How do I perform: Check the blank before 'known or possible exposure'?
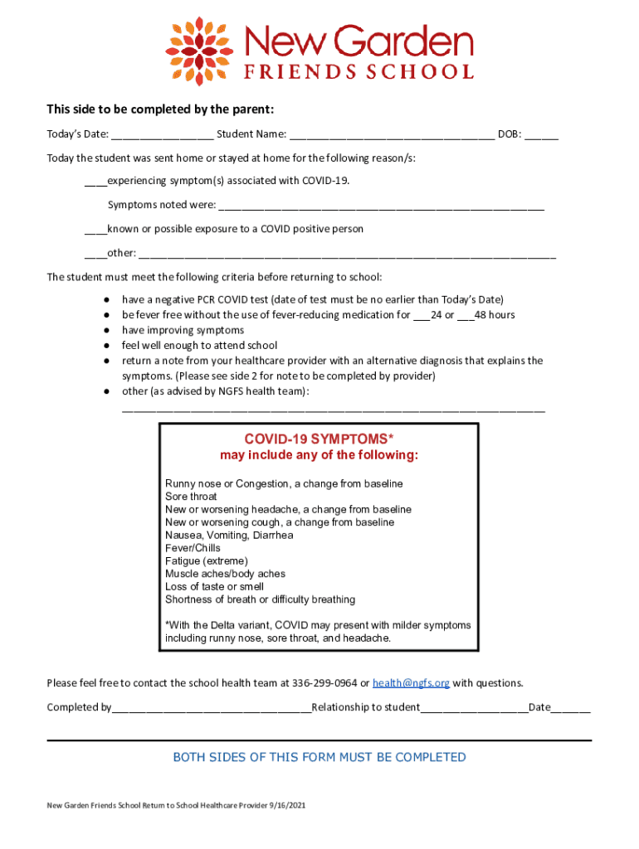95,230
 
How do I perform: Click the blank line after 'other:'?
348,255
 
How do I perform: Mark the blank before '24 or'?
421,316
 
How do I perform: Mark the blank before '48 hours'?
465,316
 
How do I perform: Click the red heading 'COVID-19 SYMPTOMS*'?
319,439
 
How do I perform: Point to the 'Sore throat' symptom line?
191,497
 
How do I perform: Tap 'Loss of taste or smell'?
214,586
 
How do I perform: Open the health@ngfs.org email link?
411,683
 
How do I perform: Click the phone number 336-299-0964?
324,683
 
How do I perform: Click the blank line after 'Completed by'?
212,708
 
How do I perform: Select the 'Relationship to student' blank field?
474,708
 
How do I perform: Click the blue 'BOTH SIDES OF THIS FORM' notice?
319,757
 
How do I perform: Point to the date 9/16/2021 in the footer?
285,806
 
